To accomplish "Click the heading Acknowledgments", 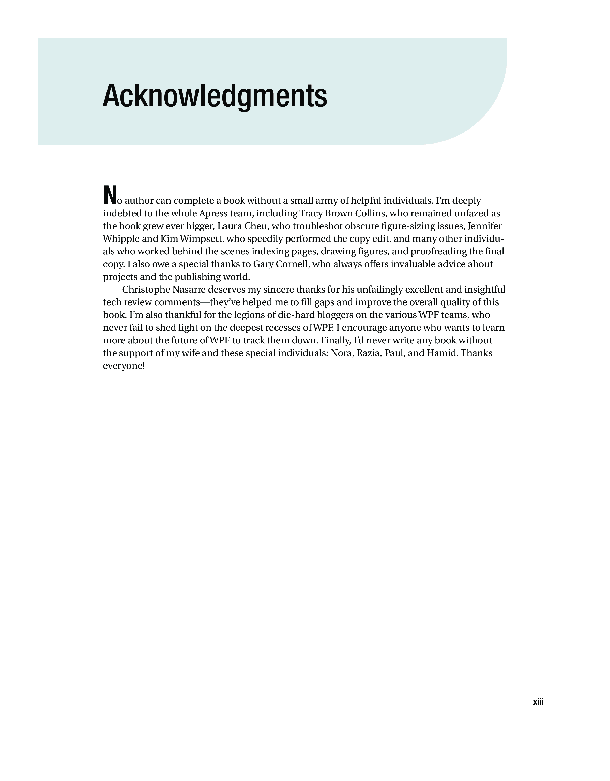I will coord(215,96).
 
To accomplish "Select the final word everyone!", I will coord(124,366).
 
